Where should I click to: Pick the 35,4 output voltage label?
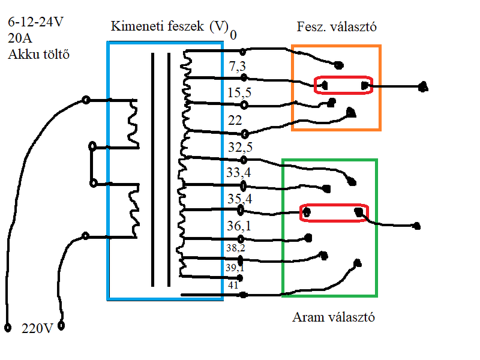238,199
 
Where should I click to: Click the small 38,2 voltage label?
235,247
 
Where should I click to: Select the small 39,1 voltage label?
235,268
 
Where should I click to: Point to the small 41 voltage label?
233,286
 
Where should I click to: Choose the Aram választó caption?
334,317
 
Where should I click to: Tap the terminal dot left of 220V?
8,328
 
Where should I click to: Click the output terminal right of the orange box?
423,87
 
